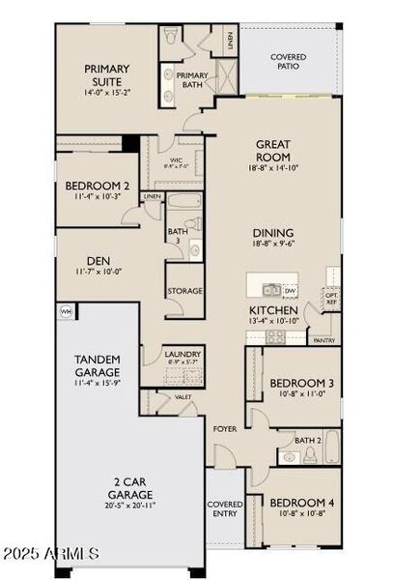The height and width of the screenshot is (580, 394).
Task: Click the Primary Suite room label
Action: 107,74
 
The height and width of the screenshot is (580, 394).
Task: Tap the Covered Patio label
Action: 289,63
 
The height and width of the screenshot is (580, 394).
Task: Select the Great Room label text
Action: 273,152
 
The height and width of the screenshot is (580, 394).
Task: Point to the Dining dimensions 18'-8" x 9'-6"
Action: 273,245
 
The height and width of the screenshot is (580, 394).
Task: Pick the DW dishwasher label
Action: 291,290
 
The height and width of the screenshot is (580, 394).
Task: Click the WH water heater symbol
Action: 67,311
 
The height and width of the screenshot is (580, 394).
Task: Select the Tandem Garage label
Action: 98,364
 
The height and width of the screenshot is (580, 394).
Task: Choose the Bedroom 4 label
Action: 301,503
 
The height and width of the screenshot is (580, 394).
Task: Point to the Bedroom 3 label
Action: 301,383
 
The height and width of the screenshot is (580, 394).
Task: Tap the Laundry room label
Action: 183,355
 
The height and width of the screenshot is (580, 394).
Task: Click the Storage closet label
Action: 184,290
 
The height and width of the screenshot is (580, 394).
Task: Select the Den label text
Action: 98,260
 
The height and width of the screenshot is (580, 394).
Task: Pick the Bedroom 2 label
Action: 98,186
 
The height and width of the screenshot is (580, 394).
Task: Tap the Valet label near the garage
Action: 183,397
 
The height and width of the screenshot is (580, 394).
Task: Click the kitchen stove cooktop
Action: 274,335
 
